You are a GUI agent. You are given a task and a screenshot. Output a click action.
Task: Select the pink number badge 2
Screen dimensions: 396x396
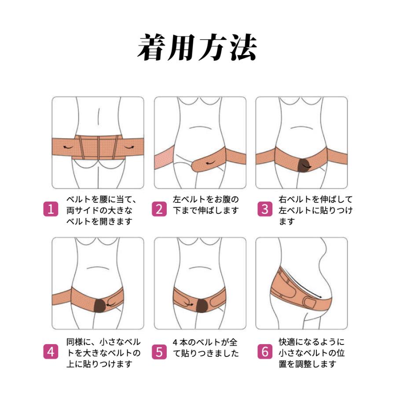point(159,209)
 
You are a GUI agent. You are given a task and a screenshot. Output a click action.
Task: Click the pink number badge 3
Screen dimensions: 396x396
point(264,209)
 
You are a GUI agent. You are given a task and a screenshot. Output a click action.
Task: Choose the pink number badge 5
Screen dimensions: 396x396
point(159,352)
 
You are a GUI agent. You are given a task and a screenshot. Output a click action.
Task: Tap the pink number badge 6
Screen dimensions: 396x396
point(264,352)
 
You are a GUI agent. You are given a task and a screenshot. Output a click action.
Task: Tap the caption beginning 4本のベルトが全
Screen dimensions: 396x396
point(205,347)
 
